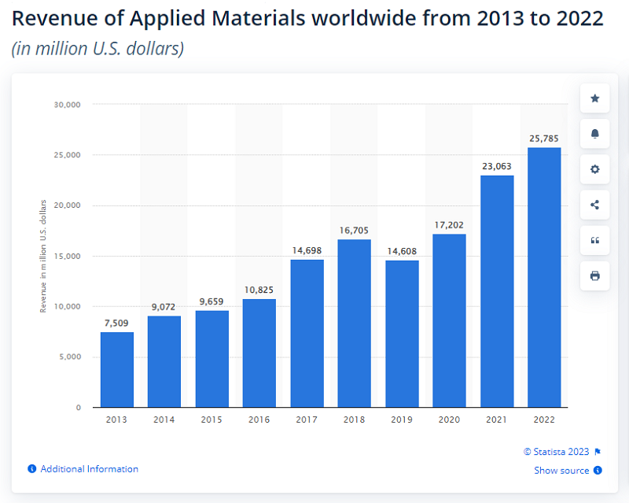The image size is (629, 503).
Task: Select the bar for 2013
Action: tap(117, 370)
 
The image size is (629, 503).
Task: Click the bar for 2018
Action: tap(354, 324)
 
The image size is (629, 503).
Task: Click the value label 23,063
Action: tap(496, 166)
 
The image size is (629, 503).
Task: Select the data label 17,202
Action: tap(449, 225)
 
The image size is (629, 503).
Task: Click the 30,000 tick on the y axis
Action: tap(67, 105)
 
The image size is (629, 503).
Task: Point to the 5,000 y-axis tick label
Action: tap(69, 357)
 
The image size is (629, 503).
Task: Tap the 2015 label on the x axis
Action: tap(212, 420)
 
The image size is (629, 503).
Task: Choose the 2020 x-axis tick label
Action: tap(449, 420)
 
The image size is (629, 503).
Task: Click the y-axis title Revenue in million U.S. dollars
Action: tap(44, 257)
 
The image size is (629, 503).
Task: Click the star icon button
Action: tap(594, 98)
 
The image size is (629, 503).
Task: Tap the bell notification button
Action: tap(594, 134)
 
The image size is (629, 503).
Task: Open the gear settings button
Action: tap(594, 169)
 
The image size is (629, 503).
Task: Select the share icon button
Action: tap(594, 205)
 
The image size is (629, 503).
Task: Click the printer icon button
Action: tap(594, 276)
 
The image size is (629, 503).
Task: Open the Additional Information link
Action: tap(89, 469)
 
